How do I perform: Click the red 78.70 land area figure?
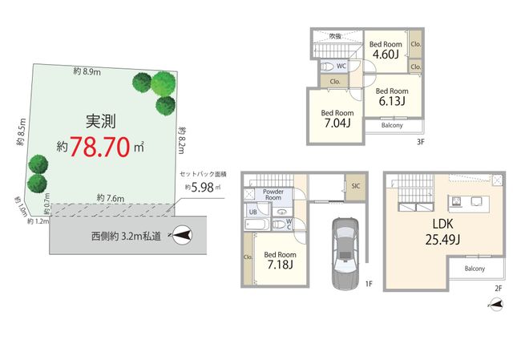point(99,147)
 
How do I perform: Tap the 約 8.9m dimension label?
point(87,71)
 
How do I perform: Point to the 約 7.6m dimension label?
point(111,198)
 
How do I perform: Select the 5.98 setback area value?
point(202,187)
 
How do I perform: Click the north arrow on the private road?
point(182,235)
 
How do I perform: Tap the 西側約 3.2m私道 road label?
point(126,237)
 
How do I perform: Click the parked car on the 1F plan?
point(345,253)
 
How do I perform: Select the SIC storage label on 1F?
point(356,186)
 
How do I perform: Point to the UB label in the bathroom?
point(253,212)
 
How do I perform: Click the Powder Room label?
point(273,194)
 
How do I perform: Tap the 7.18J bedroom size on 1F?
point(280,264)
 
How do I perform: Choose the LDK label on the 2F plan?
point(442,224)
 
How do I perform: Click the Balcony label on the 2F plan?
point(475,269)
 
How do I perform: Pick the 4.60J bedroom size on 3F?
point(386,54)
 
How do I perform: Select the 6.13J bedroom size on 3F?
point(392,101)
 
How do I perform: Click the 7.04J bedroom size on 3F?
point(337,123)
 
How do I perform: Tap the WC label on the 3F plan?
point(341,66)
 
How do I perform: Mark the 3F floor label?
point(420,142)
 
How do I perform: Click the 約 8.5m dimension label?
point(21,131)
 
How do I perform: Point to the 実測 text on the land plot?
point(101,121)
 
